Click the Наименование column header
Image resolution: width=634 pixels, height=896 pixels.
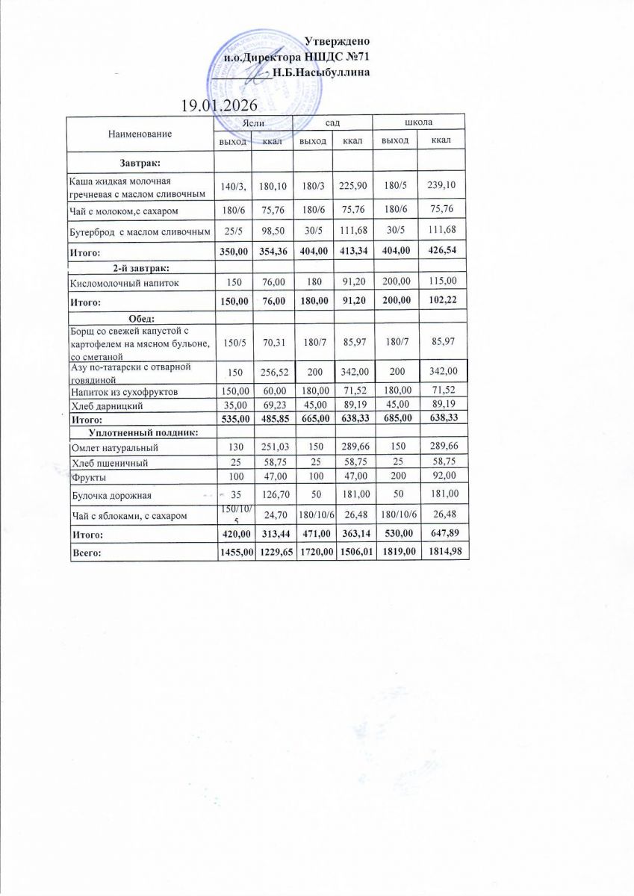point(140,133)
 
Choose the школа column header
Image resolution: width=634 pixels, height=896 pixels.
point(418,121)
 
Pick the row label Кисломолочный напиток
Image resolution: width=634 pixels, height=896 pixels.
point(123,283)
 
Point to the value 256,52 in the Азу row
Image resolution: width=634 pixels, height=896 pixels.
point(270,370)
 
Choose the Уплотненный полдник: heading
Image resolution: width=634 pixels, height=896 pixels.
point(143,432)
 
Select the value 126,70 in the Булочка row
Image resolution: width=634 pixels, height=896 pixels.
point(270,494)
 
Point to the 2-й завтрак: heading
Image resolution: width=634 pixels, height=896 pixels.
point(142,267)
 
